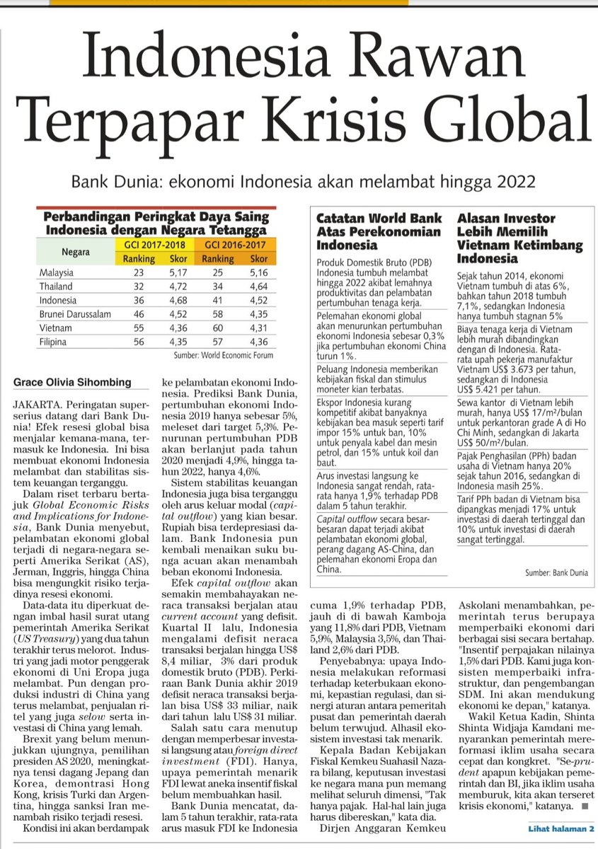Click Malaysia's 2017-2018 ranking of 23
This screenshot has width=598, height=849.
pos(138,272)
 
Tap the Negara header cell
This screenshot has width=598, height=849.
pos(74,252)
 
